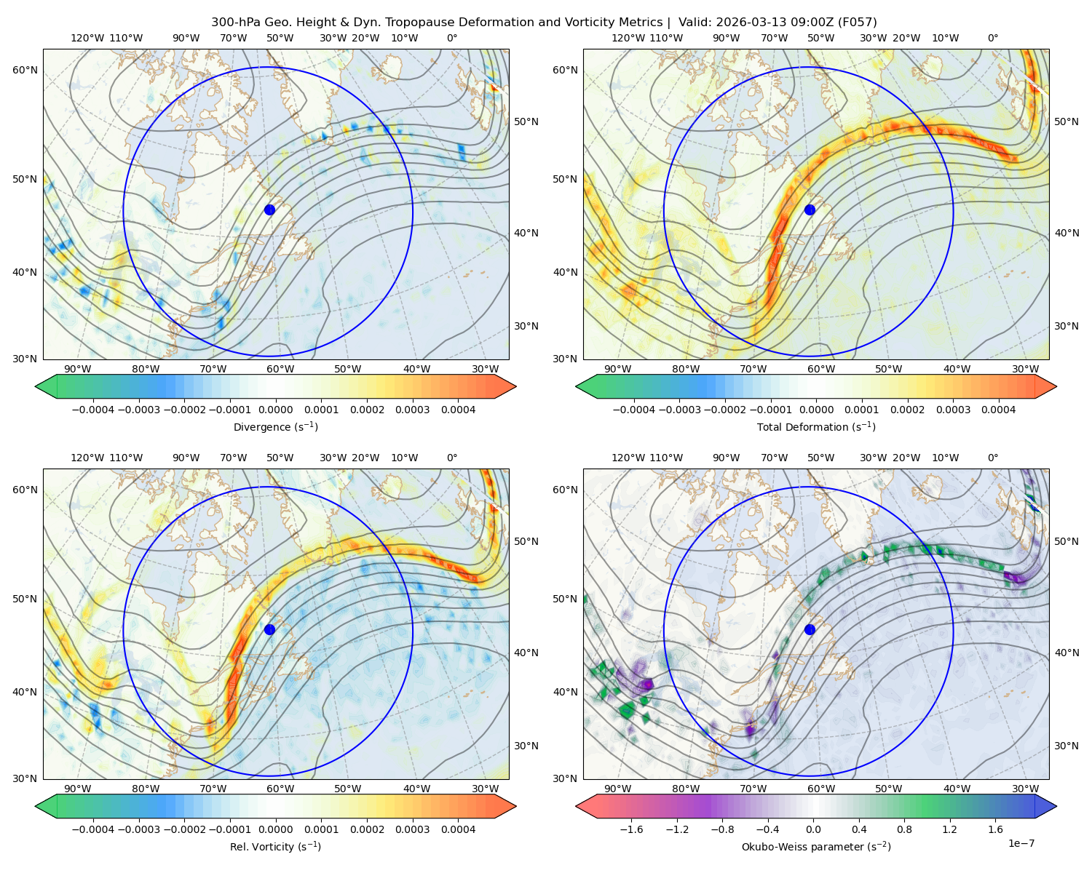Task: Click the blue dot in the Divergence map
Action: (x=269, y=210)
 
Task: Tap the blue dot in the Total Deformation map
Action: (x=810, y=210)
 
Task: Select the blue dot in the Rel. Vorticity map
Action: (x=269, y=629)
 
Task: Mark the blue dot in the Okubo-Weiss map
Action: (x=810, y=629)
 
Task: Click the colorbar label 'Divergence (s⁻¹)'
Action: (x=275, y=427)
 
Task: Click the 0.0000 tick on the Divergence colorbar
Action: (x=275, y=410)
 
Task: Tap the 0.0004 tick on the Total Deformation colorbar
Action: (x=998, y=410)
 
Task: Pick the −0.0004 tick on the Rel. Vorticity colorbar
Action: (x=93, y=829)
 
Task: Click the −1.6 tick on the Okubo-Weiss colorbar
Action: (x=631, y=829)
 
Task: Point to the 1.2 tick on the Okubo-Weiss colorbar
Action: (x=949, y=829)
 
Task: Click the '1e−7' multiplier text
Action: (x=1021, y=843)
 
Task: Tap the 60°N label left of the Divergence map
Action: (x=25, y=70)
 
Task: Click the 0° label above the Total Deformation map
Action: (x=993, y=38)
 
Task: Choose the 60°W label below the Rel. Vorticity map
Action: (x=280, y=789)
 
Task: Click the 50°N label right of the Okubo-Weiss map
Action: (x=1066, y=541)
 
